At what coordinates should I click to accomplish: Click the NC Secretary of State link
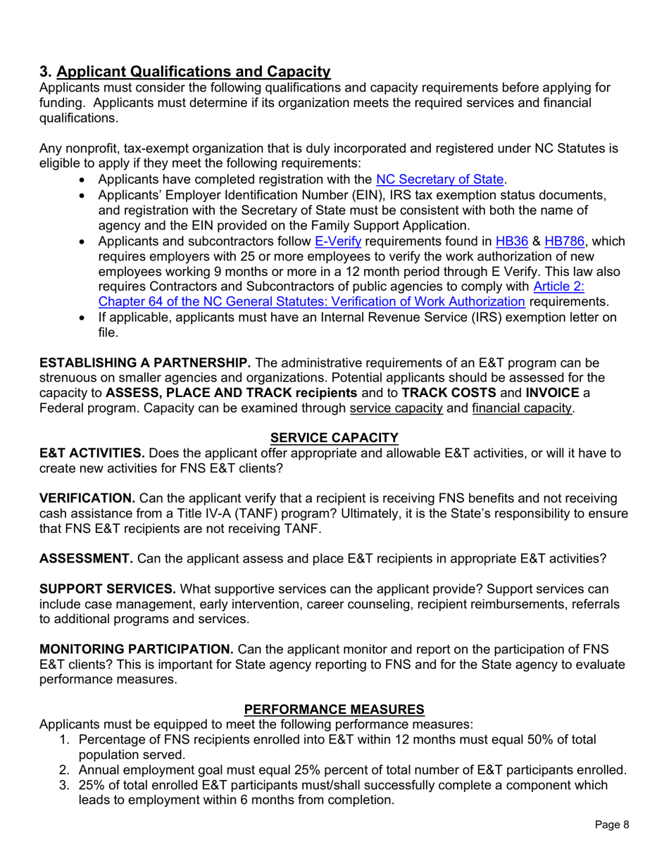click(441, 179)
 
